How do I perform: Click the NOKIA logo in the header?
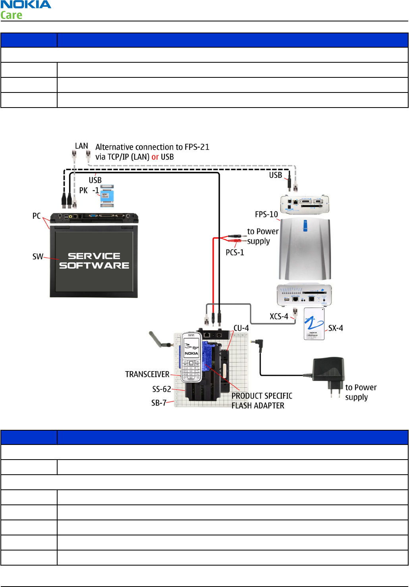[26, 4]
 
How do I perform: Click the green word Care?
[11, 15]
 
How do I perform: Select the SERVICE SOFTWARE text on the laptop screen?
[94, 260]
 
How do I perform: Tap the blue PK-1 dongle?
[107, 196]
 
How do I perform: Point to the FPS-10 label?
[266, 214]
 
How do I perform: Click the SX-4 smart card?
[314, 323]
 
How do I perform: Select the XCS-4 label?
[279, 316]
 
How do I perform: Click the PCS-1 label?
[235, 252]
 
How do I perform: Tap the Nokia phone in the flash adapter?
[191, 357]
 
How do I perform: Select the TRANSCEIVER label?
[147, 374]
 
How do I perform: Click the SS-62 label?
[162, 389]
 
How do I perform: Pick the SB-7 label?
[159, 403]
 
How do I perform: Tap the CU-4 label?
[241, 328]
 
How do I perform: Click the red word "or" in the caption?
[155, 157]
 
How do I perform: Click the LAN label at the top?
[81, 146]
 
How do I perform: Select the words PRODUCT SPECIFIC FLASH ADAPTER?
[262, 401]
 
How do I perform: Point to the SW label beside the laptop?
[38, 256]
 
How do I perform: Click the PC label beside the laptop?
[37, 216]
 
